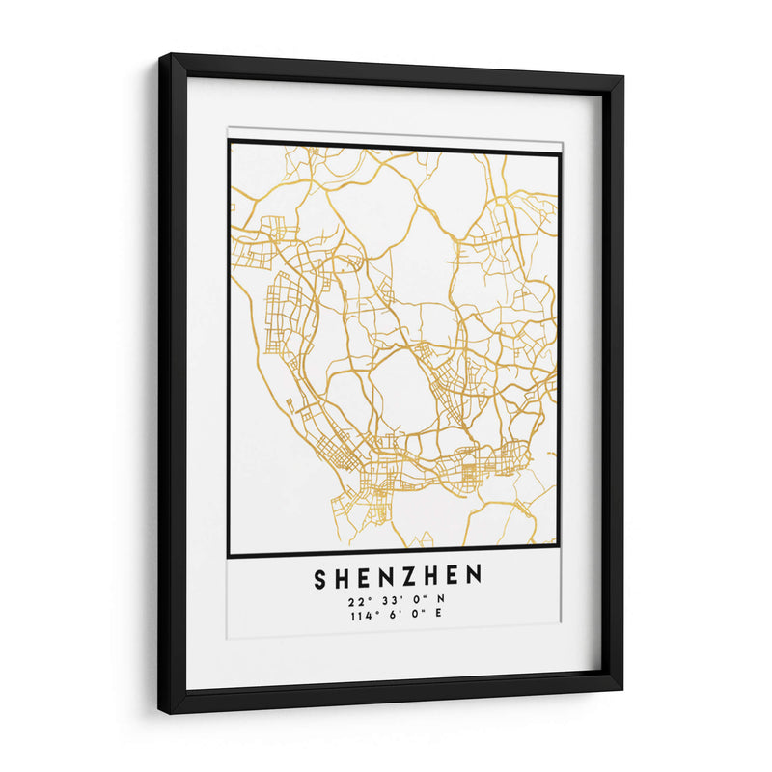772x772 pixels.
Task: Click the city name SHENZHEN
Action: tap(398, 577)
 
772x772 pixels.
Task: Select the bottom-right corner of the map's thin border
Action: tap(559, 548)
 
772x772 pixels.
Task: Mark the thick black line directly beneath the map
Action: tap(394, 552)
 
